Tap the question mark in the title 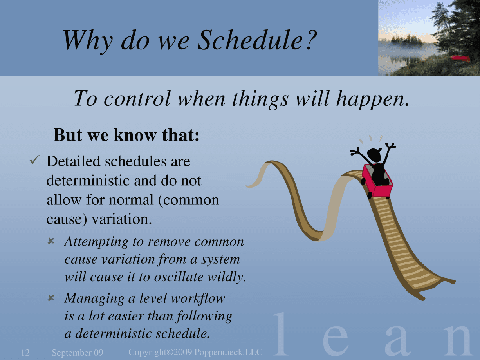(311, 39)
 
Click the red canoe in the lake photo (460, 58)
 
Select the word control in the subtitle (137, 98)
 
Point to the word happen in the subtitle (372, 100)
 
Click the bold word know (135, 135)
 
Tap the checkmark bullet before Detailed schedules (35, 159)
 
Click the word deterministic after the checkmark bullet (88, 181)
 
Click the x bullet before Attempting (51, 241)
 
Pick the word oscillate (179, 277)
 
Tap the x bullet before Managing (51, 298)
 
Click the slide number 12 (25, 353)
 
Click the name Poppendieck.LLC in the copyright (228, 352)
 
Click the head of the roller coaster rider (374, 154)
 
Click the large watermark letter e (335, 340)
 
